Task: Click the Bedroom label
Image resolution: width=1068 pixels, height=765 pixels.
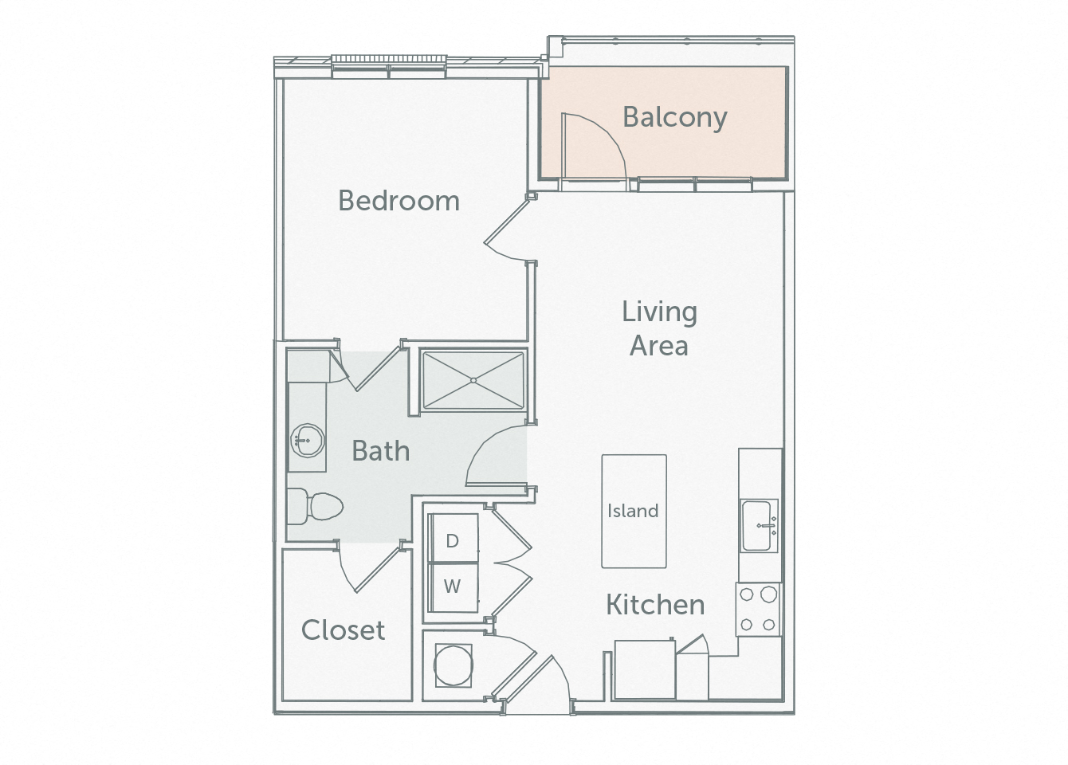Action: [399, 200]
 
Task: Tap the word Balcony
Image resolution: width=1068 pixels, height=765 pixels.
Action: [674, 117]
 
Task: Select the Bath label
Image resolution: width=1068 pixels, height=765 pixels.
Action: [381, 451]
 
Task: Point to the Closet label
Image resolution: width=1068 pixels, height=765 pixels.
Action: [343, 630]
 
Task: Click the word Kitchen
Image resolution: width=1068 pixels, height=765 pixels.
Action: [655, 605]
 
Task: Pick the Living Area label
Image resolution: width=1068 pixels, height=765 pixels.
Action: [659, 328]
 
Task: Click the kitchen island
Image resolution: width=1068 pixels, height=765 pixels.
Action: [634, 511]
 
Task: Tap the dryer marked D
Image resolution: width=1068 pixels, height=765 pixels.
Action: [453, 540]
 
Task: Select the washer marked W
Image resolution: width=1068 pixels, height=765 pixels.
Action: [453, 586]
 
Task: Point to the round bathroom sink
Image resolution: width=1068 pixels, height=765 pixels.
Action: [306, 438]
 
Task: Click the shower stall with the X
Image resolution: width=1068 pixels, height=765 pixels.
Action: [473, 380]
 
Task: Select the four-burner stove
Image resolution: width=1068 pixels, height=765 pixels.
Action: [759, 609]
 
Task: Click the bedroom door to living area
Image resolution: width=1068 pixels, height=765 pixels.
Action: [507, 231]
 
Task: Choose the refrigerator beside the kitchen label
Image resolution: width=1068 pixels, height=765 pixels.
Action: [644, 670]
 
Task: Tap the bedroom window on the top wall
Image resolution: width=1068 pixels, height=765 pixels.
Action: [388, 67]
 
